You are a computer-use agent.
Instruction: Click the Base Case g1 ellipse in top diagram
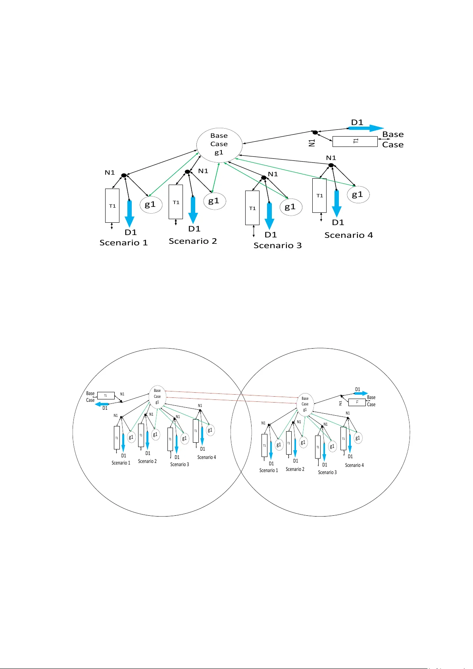click(219, 145)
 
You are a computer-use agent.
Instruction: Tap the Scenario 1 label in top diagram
click(123, 243)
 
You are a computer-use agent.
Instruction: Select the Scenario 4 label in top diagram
click(348, 235)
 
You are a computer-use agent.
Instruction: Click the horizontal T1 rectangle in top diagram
click(355, 141)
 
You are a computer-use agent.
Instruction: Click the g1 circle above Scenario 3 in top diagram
click(291, 207)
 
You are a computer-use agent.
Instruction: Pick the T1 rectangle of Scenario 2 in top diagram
click(176, 202)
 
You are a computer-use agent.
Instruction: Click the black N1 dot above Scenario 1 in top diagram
click(123, 175)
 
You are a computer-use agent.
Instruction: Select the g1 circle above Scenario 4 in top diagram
click(358, 195)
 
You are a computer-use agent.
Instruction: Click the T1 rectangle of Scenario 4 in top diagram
click(319, 195)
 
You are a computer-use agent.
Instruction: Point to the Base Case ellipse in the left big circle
click(157, 396)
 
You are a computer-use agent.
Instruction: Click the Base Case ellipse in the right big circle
click(305, 404)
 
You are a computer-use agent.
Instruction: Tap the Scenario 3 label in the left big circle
click(179, 464)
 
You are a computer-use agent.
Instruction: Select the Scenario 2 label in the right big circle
click(295, 469)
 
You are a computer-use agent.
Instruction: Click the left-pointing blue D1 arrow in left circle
click(102, 404)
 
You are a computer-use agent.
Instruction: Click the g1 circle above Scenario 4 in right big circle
click(358, 438)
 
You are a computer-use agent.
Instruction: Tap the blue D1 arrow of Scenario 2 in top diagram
click(193, 210)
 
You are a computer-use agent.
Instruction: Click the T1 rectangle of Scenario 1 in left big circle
click(117, 438)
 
